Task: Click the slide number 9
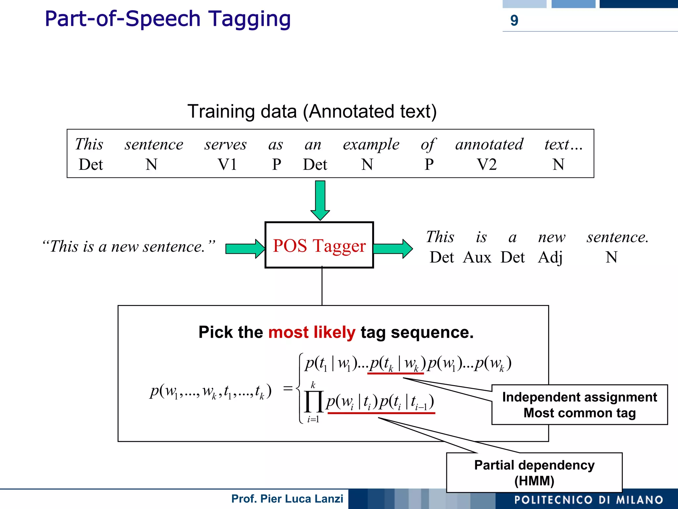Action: [514, 21]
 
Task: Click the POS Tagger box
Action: [319, 245]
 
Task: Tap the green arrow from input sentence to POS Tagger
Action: [245, 248]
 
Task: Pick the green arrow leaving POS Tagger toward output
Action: [393, 248]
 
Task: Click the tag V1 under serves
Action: [227, 165]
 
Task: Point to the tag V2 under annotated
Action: [487, 165]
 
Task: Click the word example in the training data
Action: [371, 145]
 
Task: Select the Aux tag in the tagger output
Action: [477, 257]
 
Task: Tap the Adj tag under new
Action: [550, 257]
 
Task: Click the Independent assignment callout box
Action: [579, 405]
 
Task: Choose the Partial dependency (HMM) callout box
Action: [534, 473]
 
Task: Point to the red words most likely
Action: [312, 332]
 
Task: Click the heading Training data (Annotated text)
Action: [312, 111]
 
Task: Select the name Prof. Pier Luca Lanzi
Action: [287, 499]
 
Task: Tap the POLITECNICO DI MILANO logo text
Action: [589, 500]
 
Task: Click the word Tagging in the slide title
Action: [249, 19]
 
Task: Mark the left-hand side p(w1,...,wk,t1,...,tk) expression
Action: [211, 391]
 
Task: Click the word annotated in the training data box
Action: [489, 145]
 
